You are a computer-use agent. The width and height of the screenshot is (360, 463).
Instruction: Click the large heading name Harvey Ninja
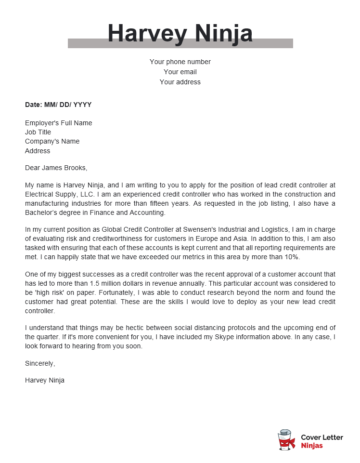(180, 33)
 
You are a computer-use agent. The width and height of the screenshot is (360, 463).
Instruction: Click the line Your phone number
(180, 62)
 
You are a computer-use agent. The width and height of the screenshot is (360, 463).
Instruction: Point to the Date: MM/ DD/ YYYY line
(57, 103)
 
